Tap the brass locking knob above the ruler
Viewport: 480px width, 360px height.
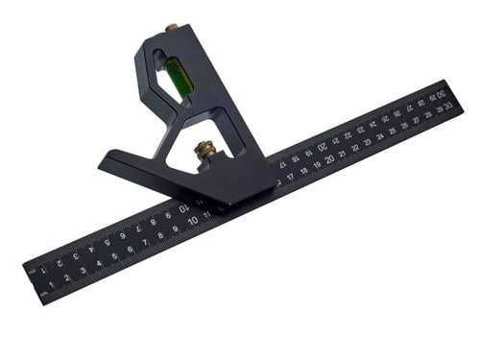coord(204,152)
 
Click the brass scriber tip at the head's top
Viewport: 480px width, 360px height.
coord(173,29)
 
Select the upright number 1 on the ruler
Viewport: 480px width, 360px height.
coord(52,285)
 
